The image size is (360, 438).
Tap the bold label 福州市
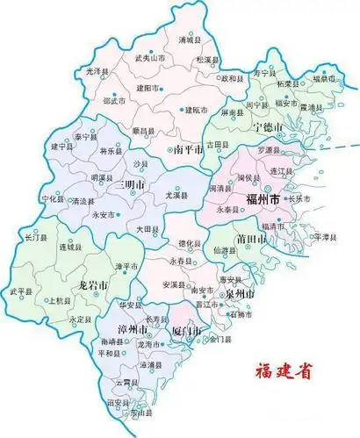tap(263, 201)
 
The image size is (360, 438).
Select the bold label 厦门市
tap(186, 331)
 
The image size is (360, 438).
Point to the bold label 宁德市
tap(268, 128)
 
